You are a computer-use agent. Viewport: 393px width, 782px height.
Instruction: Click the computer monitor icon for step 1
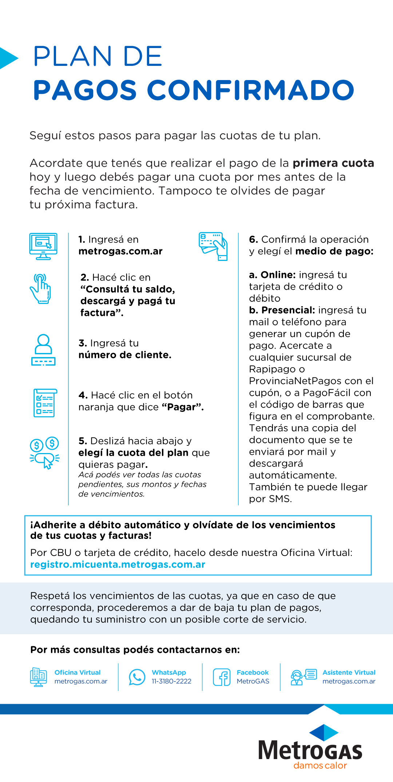pos(43,246)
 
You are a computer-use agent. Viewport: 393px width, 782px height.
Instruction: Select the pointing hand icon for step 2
pos(41,289)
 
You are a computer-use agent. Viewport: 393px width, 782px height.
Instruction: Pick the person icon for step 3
pos(43,350)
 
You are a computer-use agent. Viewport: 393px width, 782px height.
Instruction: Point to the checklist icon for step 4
pos(45,403)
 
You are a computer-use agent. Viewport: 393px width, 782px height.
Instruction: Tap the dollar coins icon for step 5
pos(44,452)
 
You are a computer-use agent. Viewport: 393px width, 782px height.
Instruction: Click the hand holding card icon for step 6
pos(213,246)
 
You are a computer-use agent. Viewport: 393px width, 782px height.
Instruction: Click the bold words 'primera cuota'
pos(333,163)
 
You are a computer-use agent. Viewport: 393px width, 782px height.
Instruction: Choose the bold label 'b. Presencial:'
pos(282,310)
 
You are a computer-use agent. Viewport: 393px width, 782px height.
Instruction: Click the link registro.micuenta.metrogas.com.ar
pos(118,564)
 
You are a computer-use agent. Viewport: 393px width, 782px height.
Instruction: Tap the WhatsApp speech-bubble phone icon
pos(137,677)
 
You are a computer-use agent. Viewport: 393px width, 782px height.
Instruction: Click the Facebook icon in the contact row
pos(222,677)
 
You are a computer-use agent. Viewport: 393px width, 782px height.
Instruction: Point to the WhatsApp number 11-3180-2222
pos(171,681)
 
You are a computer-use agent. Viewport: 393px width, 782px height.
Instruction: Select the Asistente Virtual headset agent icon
pos(297,678)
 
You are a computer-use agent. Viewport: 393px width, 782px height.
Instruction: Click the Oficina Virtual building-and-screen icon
pos(39,677)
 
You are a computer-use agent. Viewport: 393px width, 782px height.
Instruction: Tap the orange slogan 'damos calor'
pos(320,766)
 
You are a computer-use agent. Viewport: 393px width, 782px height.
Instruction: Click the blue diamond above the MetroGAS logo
pos(323,733)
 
